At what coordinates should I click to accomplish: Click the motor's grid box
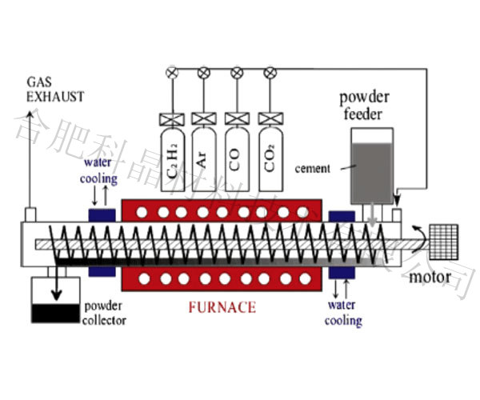[444, 239]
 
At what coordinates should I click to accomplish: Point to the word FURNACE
[222, 306]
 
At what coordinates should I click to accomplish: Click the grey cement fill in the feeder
[372, 173]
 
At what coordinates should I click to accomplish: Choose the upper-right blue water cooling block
[341, 217]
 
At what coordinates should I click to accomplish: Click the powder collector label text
[104, 314]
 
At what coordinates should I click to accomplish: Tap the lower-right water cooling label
[343, 313]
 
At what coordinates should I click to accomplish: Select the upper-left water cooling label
[100, 170]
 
